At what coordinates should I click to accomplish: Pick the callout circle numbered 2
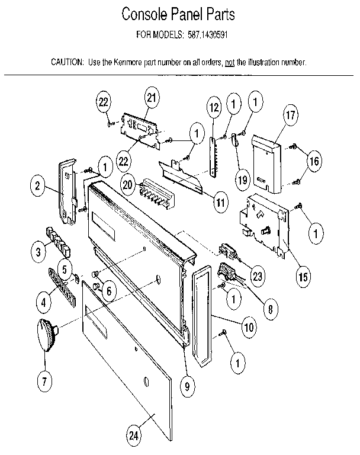[37, 186]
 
